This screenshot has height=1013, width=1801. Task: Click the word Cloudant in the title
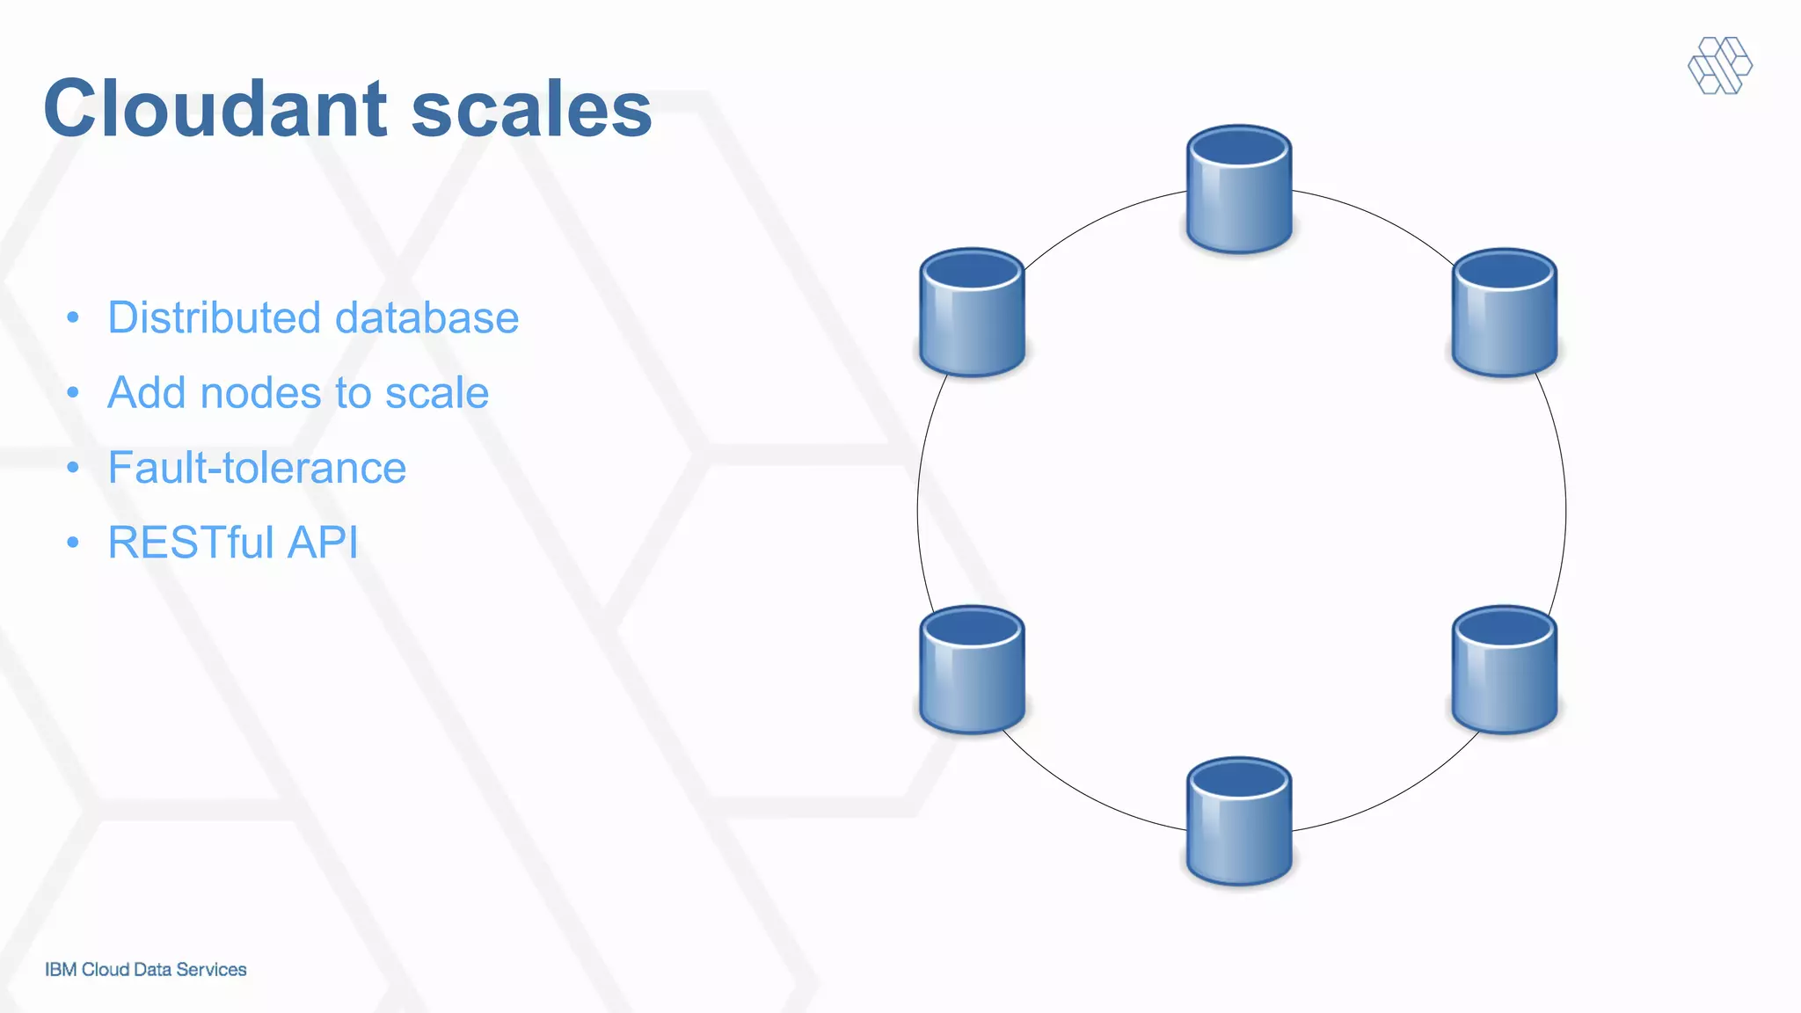[215, 109]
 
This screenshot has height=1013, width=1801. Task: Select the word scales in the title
[531, 109]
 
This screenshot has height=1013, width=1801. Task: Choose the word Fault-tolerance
[257, 468]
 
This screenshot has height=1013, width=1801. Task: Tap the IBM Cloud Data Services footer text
[146, 969]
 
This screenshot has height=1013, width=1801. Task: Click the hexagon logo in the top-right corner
[1720, 65]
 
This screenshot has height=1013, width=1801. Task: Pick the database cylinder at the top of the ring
[1239, 189]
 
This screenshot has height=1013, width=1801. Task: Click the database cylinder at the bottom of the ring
[1239, 821]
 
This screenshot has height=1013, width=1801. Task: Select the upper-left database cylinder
[972, 312]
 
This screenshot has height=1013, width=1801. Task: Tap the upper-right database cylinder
[1505, 312]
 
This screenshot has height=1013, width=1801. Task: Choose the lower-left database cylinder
[972, 669]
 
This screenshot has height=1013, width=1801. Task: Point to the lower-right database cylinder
[1505, 669]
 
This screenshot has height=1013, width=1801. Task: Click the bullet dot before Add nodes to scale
[73, 392]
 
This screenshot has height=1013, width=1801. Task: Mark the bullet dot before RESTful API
[73, 543]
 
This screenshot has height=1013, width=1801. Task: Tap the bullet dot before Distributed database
[73, 317]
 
